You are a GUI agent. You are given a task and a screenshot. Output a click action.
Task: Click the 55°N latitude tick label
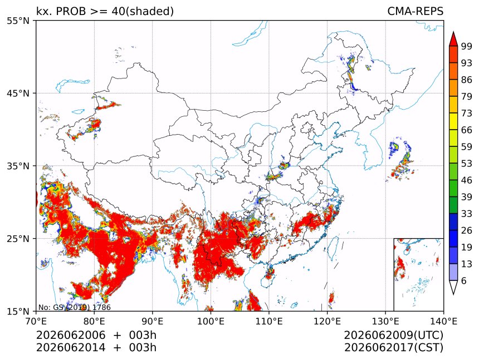18,21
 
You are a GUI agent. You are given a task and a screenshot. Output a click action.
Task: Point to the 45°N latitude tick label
18,93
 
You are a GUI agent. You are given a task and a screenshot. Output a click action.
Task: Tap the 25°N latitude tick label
18,239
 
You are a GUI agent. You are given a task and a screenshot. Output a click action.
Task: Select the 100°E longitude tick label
211,322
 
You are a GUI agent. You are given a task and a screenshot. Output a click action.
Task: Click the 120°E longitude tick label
327,322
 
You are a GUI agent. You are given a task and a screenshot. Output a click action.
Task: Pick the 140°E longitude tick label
443,322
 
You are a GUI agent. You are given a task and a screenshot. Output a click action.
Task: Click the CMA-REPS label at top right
415,11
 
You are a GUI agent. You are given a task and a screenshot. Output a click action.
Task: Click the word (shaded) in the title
149,12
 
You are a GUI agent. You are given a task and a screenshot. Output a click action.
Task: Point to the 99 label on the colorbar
467,47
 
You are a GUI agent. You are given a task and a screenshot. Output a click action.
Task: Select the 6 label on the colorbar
464,280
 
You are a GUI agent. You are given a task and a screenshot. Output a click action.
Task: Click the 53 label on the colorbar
467,164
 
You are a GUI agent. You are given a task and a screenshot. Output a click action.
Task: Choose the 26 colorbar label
467,231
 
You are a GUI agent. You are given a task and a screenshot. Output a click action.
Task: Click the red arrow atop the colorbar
453,39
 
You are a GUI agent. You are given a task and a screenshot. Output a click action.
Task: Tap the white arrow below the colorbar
453,287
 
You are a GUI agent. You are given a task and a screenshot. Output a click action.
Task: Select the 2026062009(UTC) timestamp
393,335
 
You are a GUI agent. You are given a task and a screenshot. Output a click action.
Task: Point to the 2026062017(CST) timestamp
393,348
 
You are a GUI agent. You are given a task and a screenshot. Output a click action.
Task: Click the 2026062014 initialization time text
71,348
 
